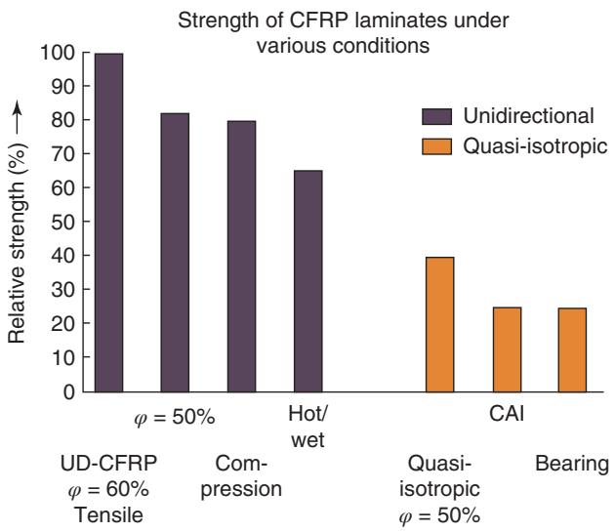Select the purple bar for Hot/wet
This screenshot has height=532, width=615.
(x=307, y=281)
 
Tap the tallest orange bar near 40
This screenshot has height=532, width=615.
(x=439, y=324)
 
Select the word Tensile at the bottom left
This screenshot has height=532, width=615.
(x=106, y=514)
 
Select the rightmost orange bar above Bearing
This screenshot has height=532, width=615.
(x=573, y=349)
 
